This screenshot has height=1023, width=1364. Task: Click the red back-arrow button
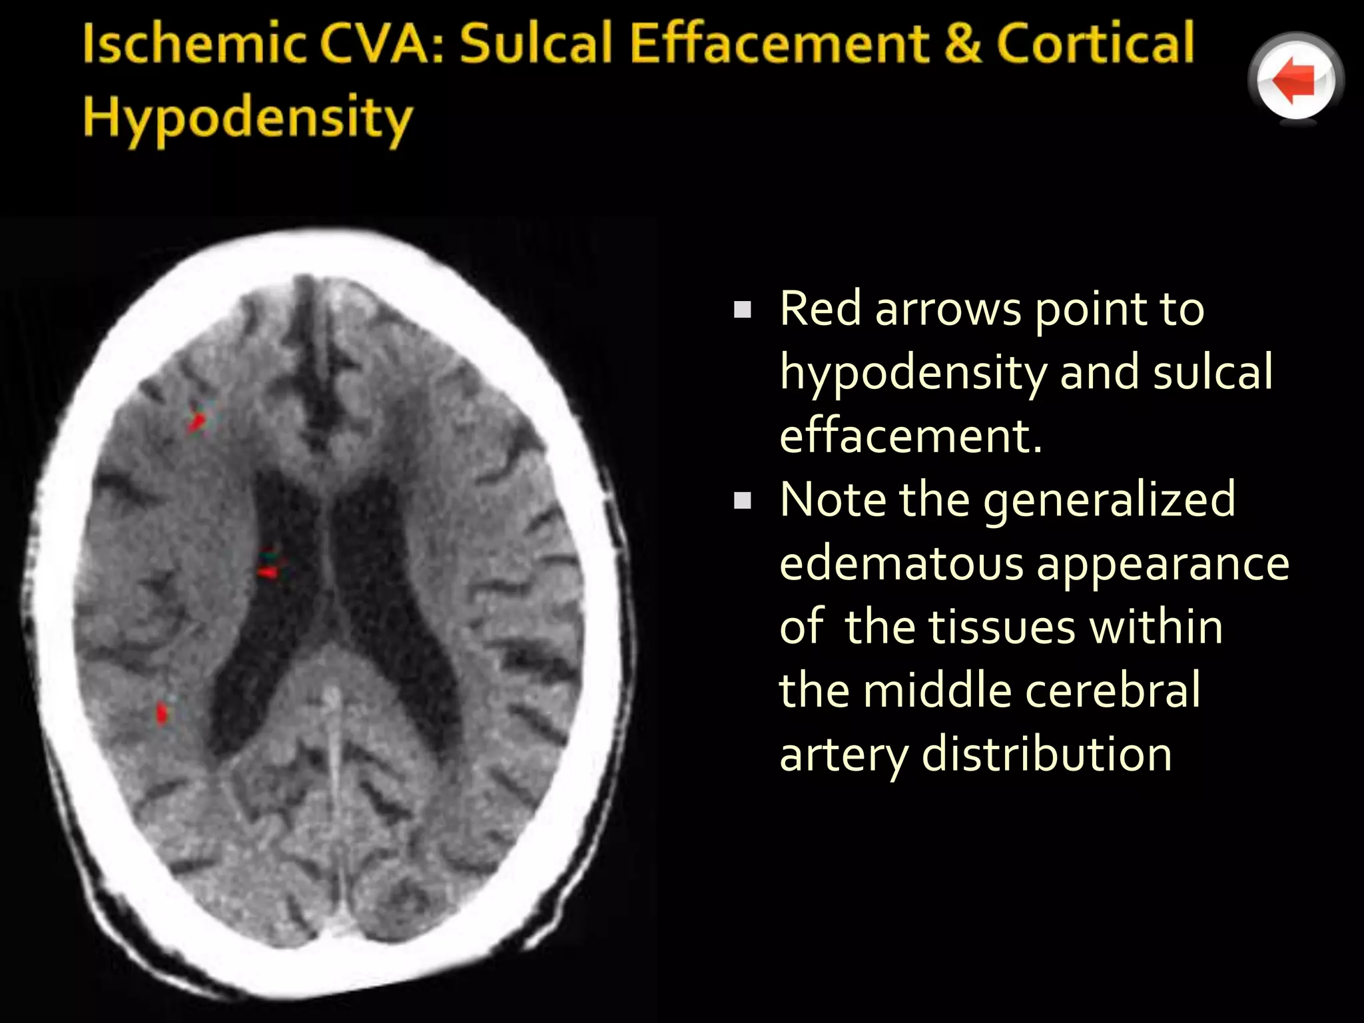point(1295,80)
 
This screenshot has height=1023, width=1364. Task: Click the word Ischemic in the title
point(194,44)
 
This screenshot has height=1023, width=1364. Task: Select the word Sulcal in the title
point(536,44)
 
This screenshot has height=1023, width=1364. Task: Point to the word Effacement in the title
point(779,44)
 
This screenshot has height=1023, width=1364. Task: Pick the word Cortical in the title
point(1095,44)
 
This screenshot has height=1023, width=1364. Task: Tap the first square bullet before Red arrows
point(742,310)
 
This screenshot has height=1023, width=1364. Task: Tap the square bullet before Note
point(742,501)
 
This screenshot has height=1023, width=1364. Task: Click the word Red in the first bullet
point(820,309)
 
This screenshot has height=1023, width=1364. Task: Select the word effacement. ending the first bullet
point(910,436)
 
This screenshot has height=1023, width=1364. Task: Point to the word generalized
point(1109,501)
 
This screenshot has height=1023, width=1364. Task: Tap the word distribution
point(1046,755)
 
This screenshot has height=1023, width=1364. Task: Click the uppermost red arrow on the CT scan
point(196,421)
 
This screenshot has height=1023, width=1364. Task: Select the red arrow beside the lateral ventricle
point(268,571)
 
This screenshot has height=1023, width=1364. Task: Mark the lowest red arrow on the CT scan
point(162,713)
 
